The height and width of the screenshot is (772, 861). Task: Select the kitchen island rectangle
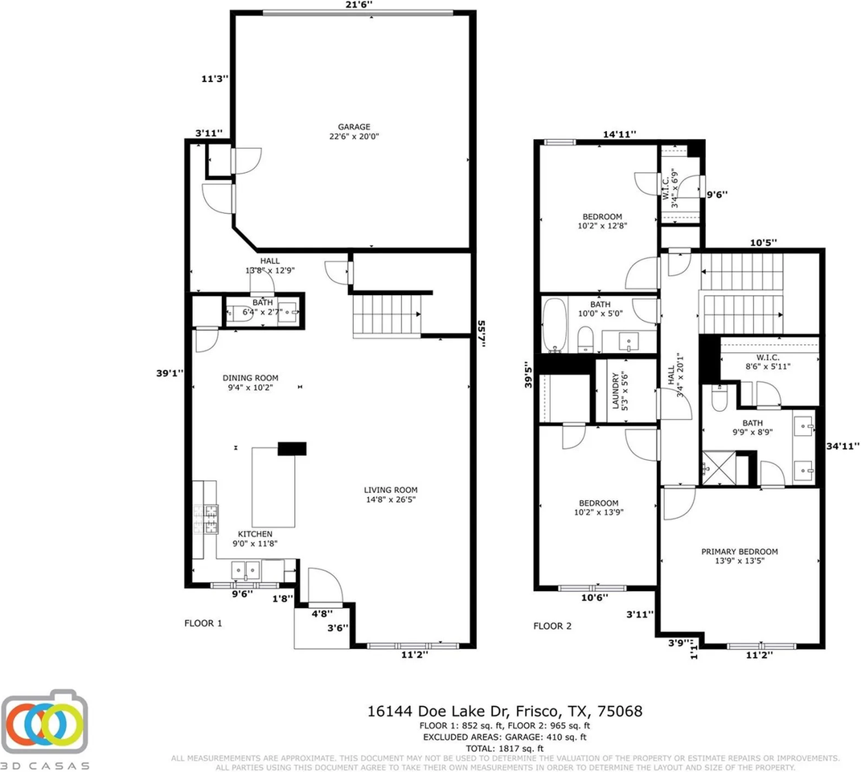coord(273,487)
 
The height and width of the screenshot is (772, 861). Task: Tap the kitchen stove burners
coord(211,519)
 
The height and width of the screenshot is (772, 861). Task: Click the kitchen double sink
coord(246,570)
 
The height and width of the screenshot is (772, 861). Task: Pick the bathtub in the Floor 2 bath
coord(555,325)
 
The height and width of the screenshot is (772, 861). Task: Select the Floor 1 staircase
coord(387,315)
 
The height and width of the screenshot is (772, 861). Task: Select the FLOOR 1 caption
coord(203,623)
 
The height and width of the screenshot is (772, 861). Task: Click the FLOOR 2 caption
coord(552,626)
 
